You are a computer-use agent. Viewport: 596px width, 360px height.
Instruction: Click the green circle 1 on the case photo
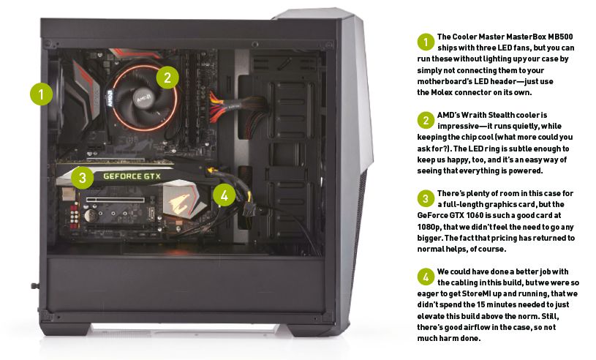(42, 93)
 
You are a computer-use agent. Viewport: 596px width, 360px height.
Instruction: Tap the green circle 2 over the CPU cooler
(167, 76)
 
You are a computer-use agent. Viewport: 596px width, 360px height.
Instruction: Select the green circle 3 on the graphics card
(83, 176)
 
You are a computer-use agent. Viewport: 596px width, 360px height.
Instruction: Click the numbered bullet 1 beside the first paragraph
(426, 41)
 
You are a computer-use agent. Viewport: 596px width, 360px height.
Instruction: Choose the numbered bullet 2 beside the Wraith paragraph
(426, 120)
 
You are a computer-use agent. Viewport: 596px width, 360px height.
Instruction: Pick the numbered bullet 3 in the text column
(426, 198)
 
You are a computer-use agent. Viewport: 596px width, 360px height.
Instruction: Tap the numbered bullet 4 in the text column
(426, 277)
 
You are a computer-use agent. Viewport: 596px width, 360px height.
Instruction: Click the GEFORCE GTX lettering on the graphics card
(132, 176)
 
